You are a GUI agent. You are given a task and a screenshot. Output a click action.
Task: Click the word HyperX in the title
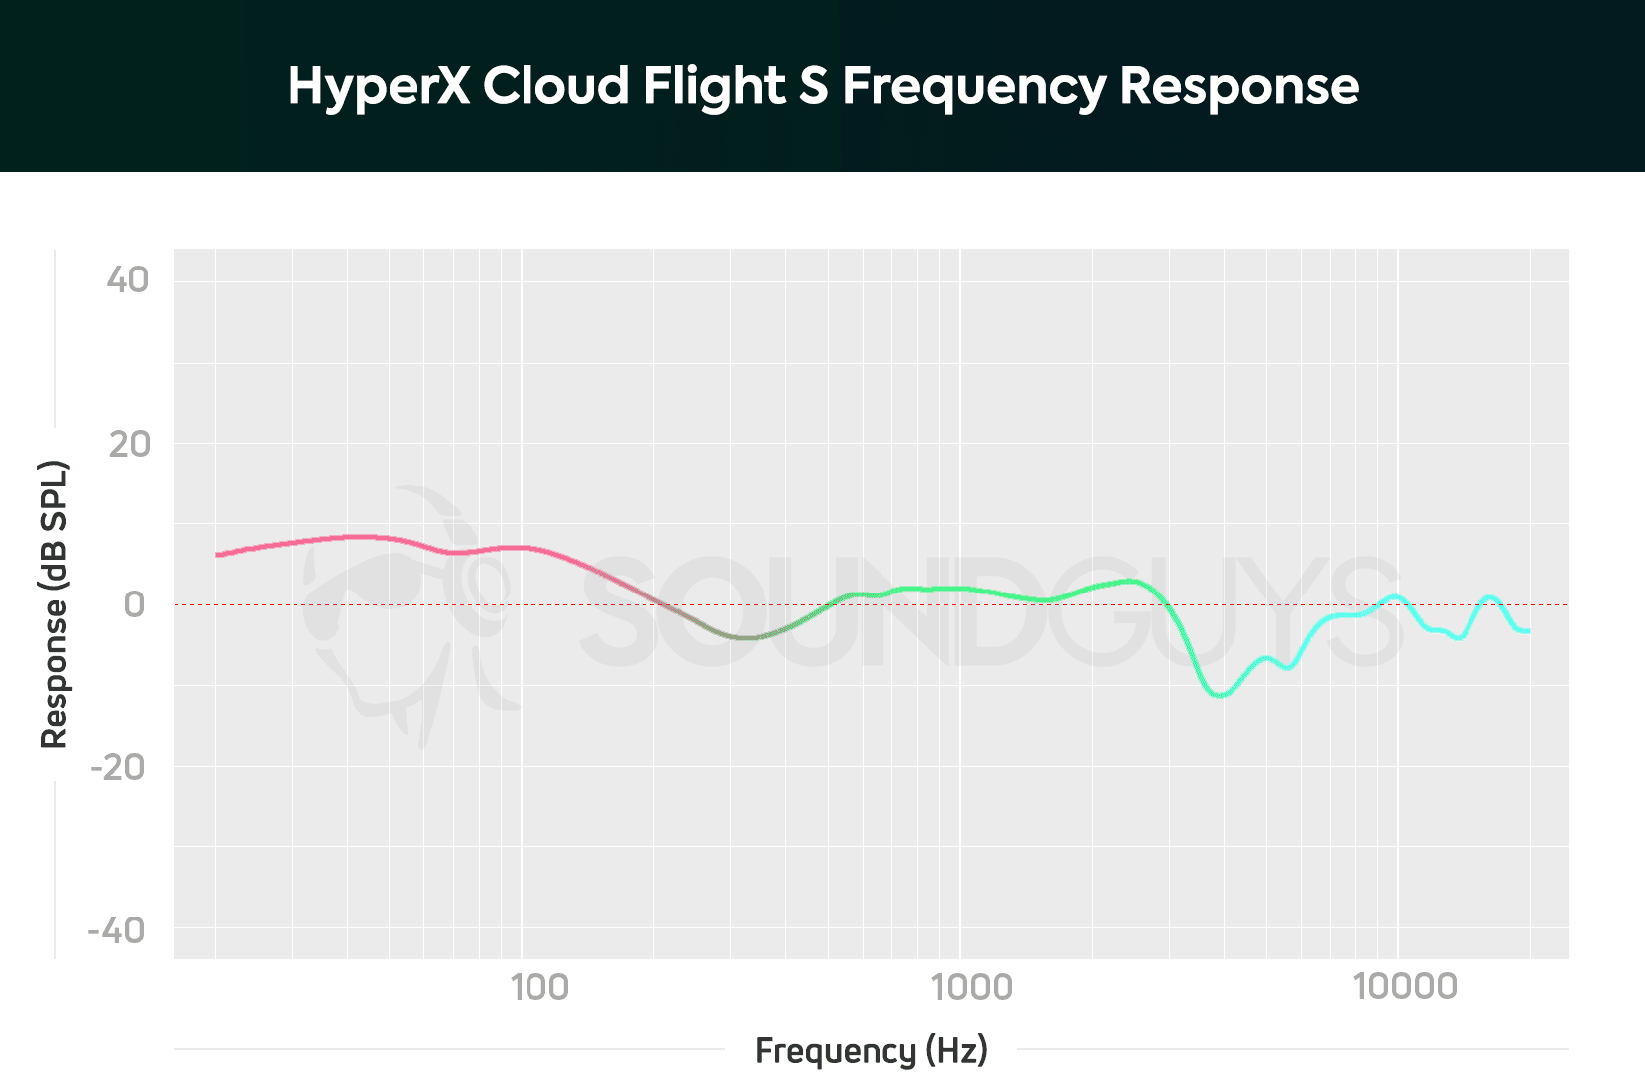click(378, 87)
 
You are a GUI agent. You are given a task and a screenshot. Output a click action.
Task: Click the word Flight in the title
click(714, 87)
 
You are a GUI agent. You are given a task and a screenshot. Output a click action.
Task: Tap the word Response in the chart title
click(1239, 87)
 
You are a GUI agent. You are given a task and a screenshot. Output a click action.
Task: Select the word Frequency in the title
click(974, 87)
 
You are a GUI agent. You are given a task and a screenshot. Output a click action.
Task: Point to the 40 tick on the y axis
click(128, 280)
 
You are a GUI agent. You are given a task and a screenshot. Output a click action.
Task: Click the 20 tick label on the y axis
click(129, 445)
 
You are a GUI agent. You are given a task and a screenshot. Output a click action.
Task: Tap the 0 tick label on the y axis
click(134, 604)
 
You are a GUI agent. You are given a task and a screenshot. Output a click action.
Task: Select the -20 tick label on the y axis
click(118, 767)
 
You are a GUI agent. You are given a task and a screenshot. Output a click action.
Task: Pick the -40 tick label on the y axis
click(116, 931)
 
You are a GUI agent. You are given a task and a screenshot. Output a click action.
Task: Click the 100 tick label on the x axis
click(539, 987)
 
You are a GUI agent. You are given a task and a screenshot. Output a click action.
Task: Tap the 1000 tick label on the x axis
click(972, 987)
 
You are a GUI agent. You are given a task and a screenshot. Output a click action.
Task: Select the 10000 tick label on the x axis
click(1406, 987)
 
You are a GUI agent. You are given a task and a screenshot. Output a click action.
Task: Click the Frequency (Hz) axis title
click(871, 1050)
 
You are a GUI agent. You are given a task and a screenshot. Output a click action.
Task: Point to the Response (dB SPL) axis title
click(54, 604)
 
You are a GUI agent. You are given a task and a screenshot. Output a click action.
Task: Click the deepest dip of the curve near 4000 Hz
click(1220, 695)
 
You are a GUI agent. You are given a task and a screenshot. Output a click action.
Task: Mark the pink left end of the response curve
click(218, 555)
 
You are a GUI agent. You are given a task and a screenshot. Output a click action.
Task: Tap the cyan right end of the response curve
click(1528, 631)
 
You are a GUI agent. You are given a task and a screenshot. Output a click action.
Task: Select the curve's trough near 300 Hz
click(746, 637)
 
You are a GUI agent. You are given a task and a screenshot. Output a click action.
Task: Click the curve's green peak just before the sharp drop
click(1130, 581)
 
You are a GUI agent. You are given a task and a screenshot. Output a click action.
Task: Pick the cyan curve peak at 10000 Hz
click(1396, 596)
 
